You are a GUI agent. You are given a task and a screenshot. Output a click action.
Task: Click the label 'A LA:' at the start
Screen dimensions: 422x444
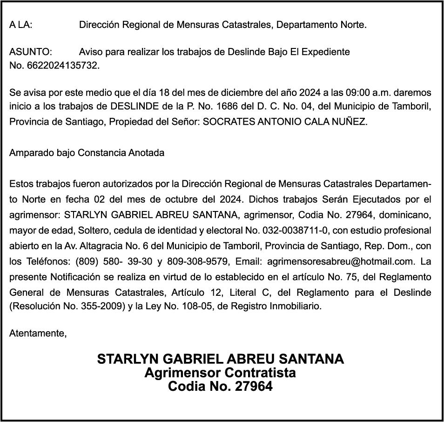21,25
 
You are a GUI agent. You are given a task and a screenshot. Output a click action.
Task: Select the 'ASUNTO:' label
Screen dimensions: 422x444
31,52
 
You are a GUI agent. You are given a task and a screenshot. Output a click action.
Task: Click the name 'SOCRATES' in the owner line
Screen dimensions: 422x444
227,122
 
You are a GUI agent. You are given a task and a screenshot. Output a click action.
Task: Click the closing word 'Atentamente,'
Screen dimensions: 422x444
38,334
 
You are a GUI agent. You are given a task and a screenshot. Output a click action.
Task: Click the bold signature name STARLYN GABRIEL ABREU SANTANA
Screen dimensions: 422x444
221,359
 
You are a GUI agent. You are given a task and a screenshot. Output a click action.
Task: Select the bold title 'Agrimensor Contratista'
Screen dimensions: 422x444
220,373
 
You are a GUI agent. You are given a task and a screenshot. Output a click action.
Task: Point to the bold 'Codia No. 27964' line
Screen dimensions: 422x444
220,387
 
